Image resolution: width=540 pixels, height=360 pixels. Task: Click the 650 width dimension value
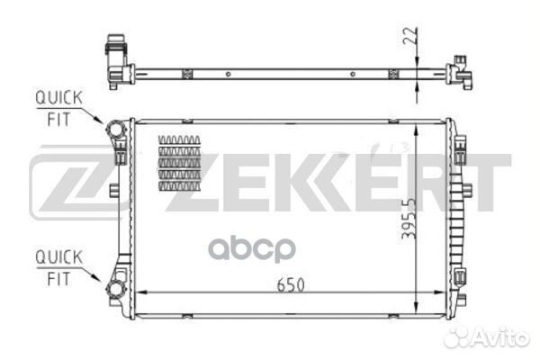click(291, 285)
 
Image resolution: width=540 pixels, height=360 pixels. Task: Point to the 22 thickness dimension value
click(409, 35)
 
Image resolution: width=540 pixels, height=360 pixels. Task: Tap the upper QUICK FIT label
click(58, 109)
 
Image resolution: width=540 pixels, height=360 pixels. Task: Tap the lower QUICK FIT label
click(58, 268)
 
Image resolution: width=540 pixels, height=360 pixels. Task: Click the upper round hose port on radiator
click(116, 130)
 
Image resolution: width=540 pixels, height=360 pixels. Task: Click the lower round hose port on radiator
click(115, 289)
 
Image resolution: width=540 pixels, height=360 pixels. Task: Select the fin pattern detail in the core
click(179, 163)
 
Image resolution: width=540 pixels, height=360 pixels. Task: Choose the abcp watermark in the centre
click(252, 248)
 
